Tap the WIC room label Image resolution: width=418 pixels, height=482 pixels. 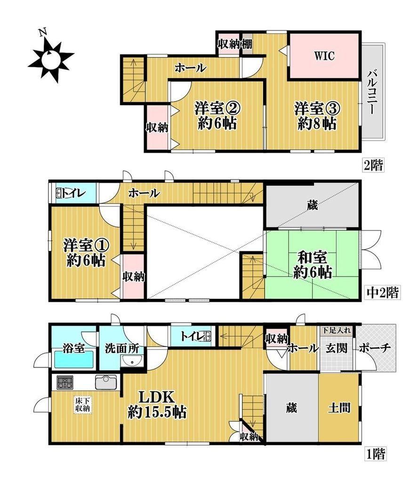pos(324,56)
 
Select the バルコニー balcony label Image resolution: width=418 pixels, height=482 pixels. pos(372,92)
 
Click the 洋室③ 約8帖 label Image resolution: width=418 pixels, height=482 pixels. pos(317,116)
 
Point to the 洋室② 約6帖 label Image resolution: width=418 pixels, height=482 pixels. pos(217,116)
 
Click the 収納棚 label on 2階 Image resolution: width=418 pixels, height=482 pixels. pos(235,44)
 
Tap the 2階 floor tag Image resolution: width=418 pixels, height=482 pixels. pos(373,165)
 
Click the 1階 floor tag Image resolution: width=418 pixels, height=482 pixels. pos(375,453)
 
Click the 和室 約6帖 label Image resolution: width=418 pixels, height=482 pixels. pos(312,265)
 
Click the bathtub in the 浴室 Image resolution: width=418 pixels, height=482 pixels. pos(74,359)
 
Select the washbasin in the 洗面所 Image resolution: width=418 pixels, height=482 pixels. pos(132,361)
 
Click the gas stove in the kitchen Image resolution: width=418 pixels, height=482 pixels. pos(65,383)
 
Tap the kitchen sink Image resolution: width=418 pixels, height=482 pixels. pos(106,383)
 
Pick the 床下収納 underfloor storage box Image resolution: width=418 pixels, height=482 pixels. pos(83,405)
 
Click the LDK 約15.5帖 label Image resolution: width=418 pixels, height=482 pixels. pos(157,404)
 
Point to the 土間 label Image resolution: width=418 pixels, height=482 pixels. pos(339,408)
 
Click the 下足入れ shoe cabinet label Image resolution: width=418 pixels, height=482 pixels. pos(337,331)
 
